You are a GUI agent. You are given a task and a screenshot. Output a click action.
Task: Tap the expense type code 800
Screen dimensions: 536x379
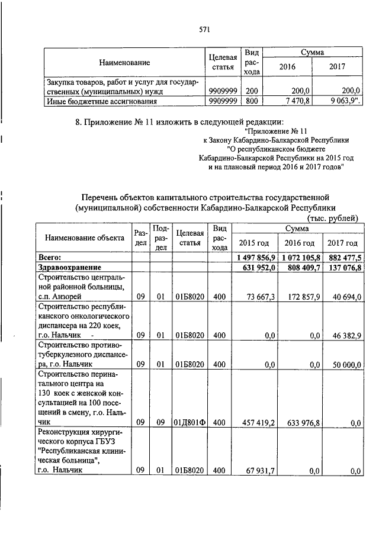point(252,101)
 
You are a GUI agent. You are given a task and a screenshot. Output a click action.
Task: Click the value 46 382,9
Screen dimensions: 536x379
point(346,335)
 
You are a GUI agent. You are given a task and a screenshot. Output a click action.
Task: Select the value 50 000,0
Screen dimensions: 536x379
point(345,365)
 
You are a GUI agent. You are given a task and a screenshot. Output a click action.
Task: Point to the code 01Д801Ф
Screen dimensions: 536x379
point(189,423)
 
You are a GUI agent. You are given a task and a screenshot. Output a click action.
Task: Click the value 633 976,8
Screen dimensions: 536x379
point(302,423)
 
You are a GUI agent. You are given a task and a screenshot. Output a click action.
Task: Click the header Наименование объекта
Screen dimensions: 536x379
point(81,238)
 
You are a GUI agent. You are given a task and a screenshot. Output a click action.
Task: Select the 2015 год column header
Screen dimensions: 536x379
point(253,243)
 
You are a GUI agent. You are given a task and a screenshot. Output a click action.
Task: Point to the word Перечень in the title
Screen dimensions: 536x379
point(101,197)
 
